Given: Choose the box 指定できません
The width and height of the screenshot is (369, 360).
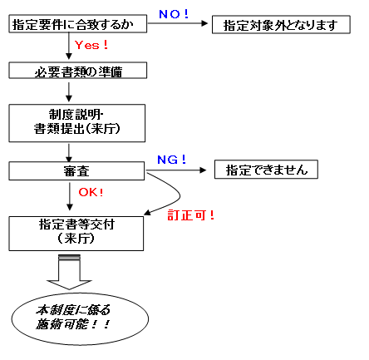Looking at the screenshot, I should [266, 170].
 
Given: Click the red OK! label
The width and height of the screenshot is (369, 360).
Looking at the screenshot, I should [91, 192].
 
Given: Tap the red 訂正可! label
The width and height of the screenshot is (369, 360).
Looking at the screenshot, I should [192, 215].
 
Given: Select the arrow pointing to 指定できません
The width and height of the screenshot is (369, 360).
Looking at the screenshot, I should [178, 170].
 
